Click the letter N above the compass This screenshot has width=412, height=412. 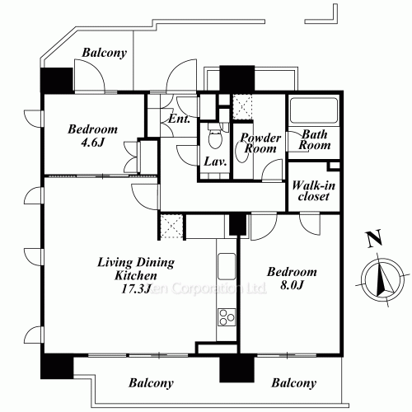point(374,241)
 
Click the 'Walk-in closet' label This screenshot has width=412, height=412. point(312,191)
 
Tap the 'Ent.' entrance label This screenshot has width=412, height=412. point(179,119)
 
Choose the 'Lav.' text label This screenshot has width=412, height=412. point(216,162)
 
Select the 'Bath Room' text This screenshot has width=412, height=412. point(315,139)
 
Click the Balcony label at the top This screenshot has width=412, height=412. point(104,54)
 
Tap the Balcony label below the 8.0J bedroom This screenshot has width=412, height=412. point(293,383)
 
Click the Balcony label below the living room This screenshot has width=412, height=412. point(150,383)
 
